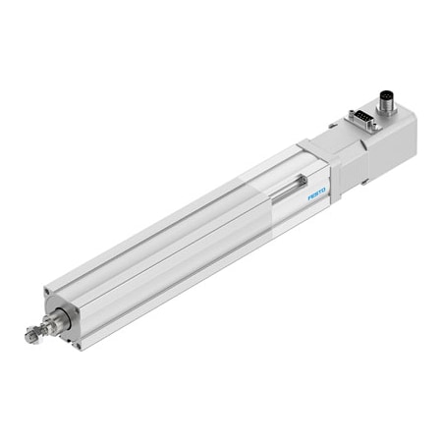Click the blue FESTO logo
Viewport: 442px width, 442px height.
click(317, 193)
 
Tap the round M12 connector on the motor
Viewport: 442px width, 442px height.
click(387, 103)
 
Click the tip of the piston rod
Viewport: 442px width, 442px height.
click(28, 336)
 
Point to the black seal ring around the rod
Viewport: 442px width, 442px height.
click(66, 317)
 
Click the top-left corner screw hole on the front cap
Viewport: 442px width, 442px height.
click(48, 290)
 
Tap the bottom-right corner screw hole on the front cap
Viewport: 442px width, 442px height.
click(78, 346)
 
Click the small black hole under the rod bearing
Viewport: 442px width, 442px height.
click(70, 342)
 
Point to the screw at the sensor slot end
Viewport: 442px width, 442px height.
click(304, 180)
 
